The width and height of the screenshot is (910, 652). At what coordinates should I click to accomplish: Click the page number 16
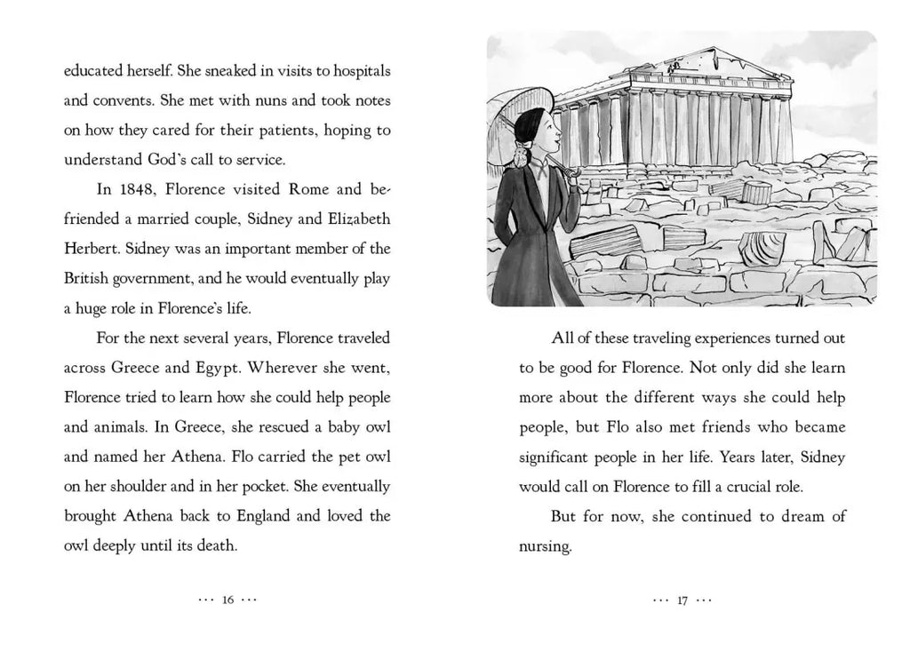click(227, 600)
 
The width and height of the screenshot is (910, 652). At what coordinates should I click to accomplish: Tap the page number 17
click(682, 600)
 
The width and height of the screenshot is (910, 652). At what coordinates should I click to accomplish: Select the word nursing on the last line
click(543, 546)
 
